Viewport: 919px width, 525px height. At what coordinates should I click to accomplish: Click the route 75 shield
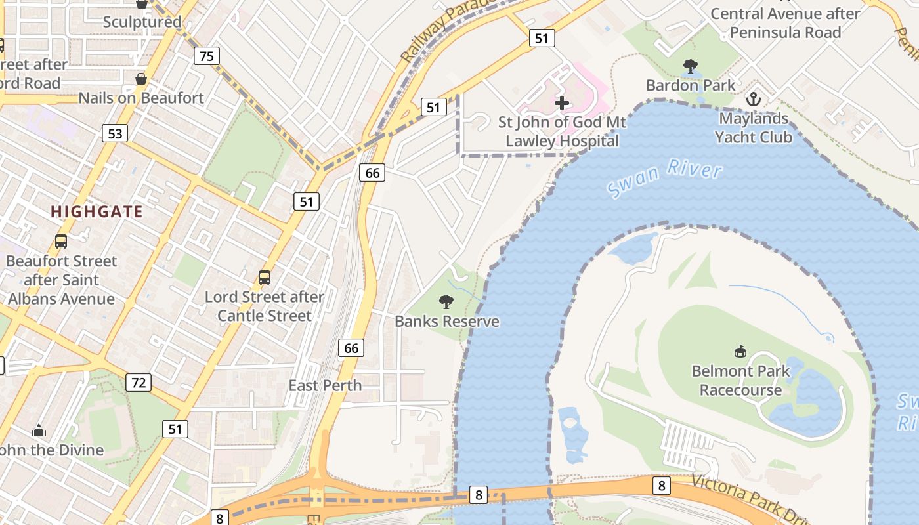206,56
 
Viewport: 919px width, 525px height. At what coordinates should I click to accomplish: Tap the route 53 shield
115,134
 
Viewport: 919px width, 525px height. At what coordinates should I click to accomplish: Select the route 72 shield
139,382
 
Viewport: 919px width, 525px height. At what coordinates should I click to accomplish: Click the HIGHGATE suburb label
96,211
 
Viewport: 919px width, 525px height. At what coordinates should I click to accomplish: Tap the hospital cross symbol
562,102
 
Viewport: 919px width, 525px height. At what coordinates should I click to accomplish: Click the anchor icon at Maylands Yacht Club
754,99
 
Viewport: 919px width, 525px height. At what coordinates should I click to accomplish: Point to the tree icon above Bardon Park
690,66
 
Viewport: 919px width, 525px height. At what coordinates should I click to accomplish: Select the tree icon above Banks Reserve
446,302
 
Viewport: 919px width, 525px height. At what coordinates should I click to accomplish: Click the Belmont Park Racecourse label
740,381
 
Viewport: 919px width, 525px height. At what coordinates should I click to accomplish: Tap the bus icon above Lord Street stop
265,278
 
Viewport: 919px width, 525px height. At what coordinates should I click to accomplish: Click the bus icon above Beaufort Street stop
61,241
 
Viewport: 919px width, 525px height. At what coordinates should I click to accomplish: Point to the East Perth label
325,385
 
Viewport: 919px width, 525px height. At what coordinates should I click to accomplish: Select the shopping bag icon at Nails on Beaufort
140,79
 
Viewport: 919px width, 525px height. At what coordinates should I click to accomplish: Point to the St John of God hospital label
562,131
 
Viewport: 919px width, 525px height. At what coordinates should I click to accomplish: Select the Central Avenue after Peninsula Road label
785,23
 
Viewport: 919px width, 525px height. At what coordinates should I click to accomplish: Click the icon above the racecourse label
740,352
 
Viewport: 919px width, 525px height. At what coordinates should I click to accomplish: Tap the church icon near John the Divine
39,431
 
